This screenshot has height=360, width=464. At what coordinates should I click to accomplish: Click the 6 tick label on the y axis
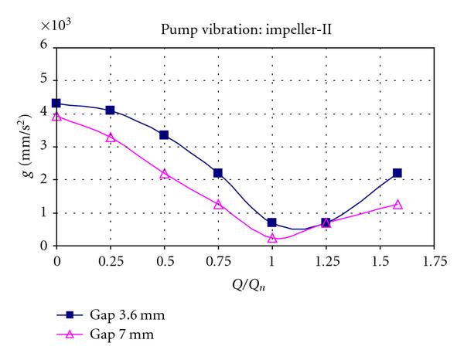[43, 46]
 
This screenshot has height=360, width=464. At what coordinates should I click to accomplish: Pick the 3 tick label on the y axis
[43, 147]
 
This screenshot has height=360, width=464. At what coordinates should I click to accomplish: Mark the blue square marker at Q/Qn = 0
[56, 103]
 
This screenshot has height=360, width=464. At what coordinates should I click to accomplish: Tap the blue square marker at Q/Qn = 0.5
[164, 134]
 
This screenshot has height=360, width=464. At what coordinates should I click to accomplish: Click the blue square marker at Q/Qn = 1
[272, 222]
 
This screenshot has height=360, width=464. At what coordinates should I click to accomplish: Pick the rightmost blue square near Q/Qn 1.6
[397, 173]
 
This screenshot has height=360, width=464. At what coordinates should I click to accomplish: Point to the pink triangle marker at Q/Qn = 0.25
[110, 138]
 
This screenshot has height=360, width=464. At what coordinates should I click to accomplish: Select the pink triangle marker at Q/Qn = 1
[272, 238]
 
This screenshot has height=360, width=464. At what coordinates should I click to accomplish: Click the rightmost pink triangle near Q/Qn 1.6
[397, 205]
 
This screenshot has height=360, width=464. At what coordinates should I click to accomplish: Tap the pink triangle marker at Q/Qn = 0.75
[218, 205]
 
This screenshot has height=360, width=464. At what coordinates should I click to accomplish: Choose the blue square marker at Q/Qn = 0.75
[218, 173]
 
